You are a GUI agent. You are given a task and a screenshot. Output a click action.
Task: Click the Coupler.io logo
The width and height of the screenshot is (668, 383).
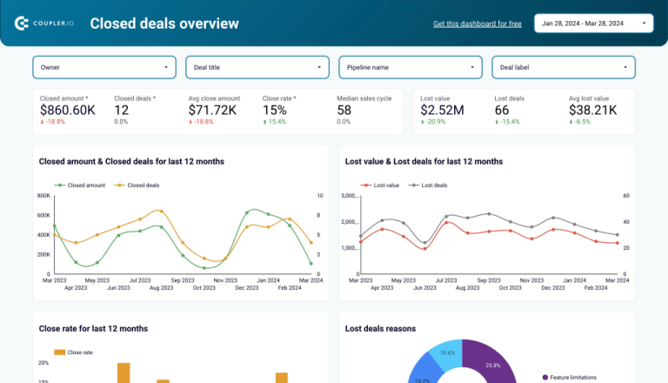click(44, 24)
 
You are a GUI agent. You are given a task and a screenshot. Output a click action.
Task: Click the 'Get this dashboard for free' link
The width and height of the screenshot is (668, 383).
click(477, 24)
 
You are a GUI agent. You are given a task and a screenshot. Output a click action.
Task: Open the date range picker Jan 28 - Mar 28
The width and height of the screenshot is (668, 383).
click(594, 24)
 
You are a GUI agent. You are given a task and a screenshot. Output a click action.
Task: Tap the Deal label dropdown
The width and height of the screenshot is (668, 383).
click(563, 67)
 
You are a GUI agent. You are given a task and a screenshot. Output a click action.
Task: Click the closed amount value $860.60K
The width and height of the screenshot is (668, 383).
click(68, 111)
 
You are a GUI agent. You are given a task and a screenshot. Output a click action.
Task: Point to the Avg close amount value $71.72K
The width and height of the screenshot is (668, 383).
click(212, 111)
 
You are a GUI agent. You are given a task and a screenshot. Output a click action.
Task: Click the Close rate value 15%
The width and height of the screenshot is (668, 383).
click(274, 111)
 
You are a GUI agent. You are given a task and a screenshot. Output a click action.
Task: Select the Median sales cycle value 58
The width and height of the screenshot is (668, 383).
click(344, 111)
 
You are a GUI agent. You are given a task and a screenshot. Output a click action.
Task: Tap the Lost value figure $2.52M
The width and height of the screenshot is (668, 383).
click(442, 111)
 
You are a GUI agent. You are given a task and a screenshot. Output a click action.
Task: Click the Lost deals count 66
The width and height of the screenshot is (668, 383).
click(502, 111)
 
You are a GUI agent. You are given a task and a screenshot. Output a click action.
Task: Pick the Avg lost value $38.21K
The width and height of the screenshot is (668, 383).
click(593, 111)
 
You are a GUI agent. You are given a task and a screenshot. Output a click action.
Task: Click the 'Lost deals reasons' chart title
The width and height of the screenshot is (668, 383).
click(380, 328)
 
